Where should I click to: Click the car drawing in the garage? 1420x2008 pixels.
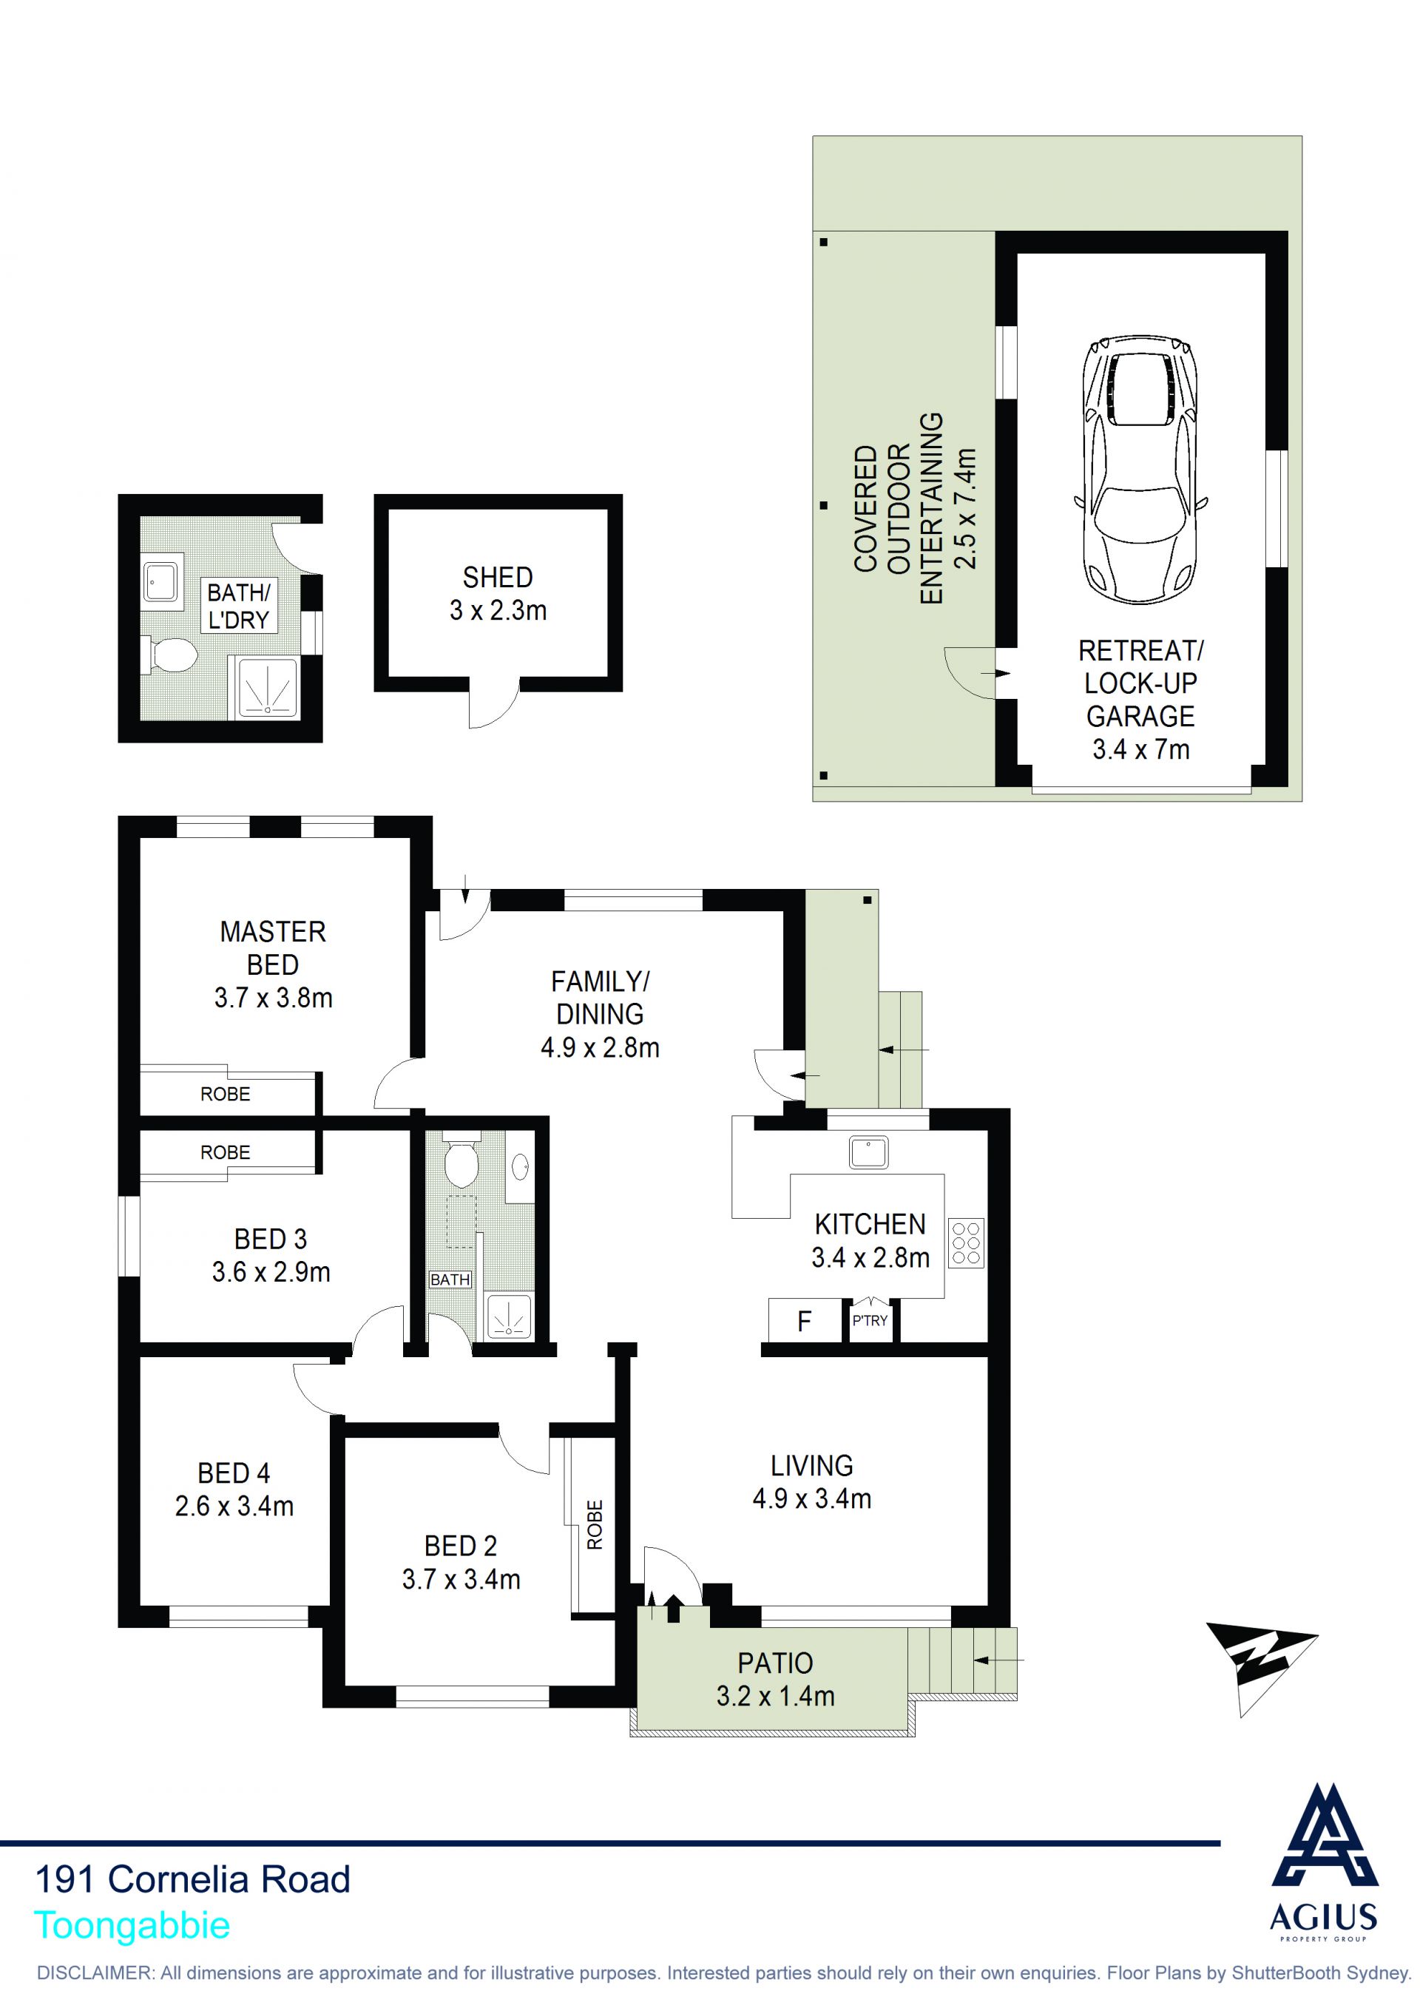coord(1141,470)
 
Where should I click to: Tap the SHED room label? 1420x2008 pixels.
coord(498,577)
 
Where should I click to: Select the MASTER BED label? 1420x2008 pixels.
coord(273,948)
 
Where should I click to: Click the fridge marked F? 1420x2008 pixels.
coord(805,1321)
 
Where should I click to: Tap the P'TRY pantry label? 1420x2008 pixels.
coord(870,1321)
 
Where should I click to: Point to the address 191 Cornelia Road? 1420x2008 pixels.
coord(192,1879)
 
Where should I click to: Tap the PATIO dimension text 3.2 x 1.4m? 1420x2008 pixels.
coord(776,1697)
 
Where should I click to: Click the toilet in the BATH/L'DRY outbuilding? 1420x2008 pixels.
coord(168,655)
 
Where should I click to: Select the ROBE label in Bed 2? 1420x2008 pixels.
coord(595,1525)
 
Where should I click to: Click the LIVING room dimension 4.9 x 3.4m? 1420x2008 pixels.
coord(811,1499)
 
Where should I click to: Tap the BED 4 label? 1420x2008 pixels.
coord(234,1473)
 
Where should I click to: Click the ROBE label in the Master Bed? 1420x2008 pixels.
coord(226,1094)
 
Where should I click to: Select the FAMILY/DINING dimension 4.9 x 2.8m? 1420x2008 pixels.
coord(600,1048)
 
